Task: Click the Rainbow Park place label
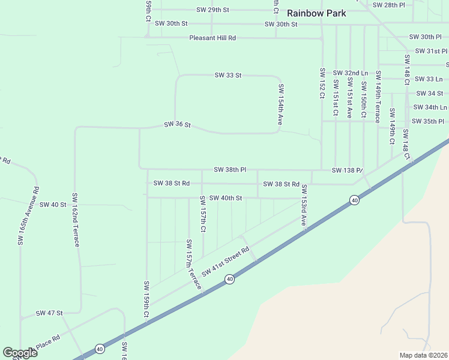pyautogui.click(x=316, y=13)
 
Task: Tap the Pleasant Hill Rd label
pyautogui.click(x=212, y=38)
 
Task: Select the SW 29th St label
pyautogui.click(x=213, y=10)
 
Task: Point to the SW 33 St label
pyautogui.click(x=228, y=75)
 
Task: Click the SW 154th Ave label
pyautogui.click(x=280, y=104)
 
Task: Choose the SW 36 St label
pyautogui.click(x=177, y=125)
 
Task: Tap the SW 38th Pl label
pyautogui.click(x=230, y=170)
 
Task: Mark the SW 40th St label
pyautogui.click(x=226, y=198)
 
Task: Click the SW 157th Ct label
pyautogui.click(x=203, y=214)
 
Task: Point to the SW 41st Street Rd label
pyautogui.click(x=225, y=262)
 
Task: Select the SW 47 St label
pyautogui.click(x=49, y=313)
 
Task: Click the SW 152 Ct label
pyautogui.click(x=322, y=83)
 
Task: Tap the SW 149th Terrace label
pyautogui.click(x=378, y=97)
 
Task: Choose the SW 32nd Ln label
pyautogui.click(x=350, y=73)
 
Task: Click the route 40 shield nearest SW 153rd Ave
pyautogui.click(x=355, y=200)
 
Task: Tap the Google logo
pyautogui.click(x=20, y=353)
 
